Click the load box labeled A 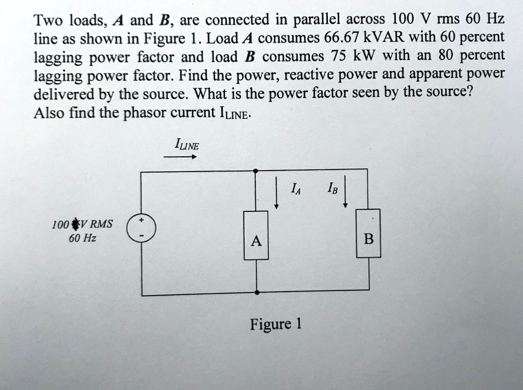click(x=256, y=235)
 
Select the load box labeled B click(x=368, y=233)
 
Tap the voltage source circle click(x=142, y=228)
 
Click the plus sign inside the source click(x=142, y=221)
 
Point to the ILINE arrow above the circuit click(x=180, y=158)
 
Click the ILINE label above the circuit click(x=187, y=145)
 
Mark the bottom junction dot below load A click(x=256, y=293)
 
